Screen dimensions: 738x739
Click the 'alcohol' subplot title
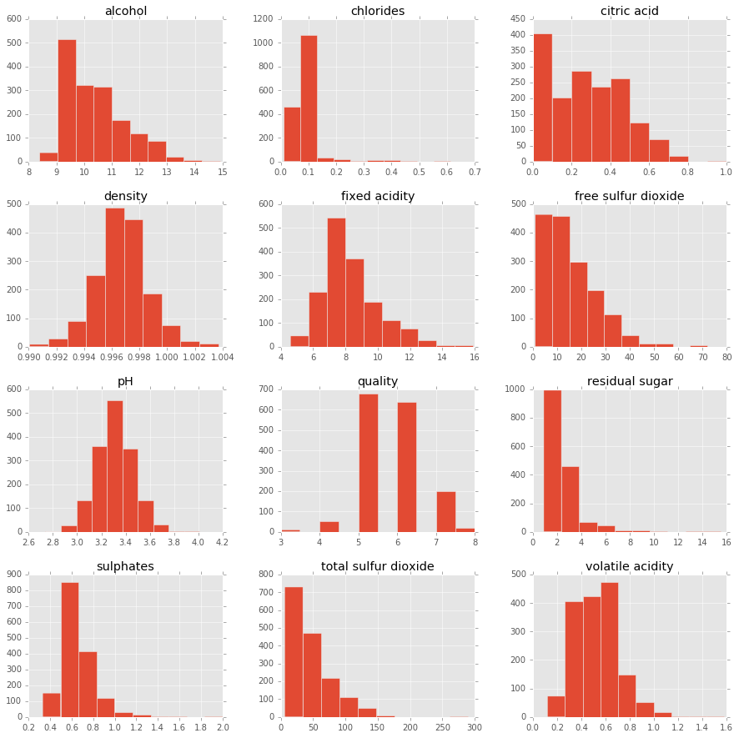[x=125, y=12]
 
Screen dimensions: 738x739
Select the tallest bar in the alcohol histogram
[x=67, y=100]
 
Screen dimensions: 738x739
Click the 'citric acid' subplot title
[x=629, y=12]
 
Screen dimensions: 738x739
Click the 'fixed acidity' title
[x=377, y=197]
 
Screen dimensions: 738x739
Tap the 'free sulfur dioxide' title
[x=629, y=197]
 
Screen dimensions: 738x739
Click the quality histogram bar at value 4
[x=329, y=526]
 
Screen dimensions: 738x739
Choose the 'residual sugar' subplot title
[x=629, y=382]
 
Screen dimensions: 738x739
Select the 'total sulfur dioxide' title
[x=377, y=567]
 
